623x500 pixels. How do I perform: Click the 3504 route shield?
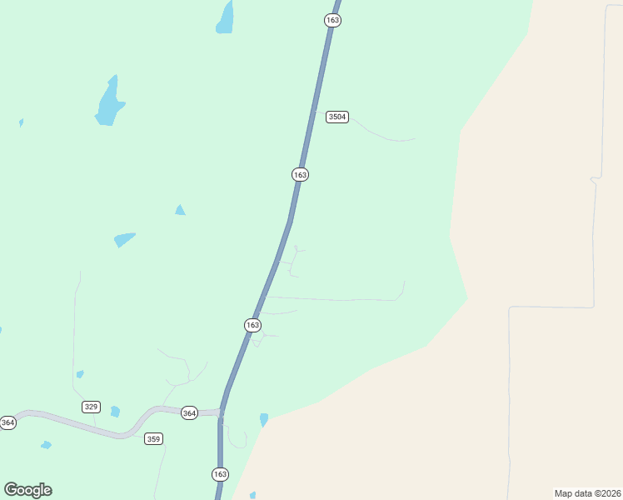[336, 117]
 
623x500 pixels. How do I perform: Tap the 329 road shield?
[92, 407]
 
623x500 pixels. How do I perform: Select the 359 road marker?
[153, 438]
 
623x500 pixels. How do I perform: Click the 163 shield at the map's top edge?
[333, 20]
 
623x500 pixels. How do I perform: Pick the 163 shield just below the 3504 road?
[301, 174]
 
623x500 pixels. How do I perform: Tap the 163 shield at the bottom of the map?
[220, 474]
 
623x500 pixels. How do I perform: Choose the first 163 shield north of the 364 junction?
[253, 325]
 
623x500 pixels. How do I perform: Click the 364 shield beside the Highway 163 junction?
[190, 413]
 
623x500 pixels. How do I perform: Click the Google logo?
[27, 490]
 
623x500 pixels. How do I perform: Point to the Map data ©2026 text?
[587, 492]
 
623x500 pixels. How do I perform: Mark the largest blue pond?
[108, 103]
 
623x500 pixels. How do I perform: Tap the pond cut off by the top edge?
[225, 18]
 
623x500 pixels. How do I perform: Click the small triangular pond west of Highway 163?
[180, 210]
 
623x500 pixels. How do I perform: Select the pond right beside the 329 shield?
[115, 412]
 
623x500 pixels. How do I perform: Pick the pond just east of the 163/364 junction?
[264, 419]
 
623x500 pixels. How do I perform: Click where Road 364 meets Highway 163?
[220, 412]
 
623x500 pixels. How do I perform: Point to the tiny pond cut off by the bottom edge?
[252, 495]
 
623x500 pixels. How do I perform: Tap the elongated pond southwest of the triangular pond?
[124, 239]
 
